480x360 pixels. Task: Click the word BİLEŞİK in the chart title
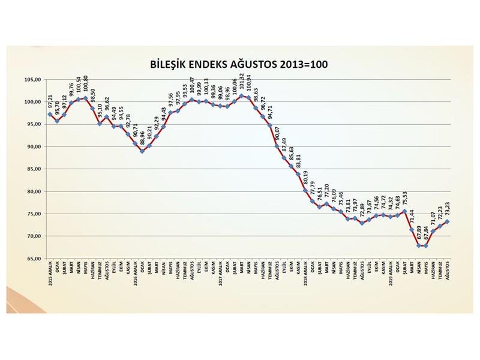169,63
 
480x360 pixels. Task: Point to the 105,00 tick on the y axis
32,79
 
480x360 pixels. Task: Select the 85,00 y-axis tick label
32,169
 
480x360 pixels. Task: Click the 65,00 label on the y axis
32,259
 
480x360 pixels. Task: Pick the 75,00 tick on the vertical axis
32,214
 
